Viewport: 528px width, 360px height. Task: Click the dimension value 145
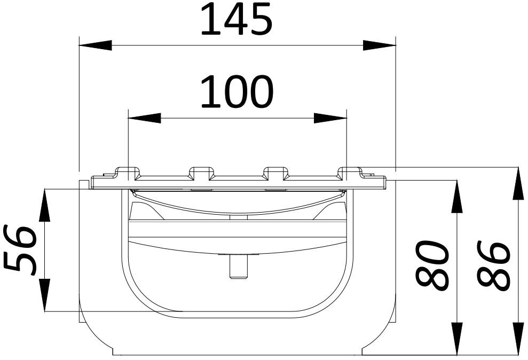click(x=237, y=20)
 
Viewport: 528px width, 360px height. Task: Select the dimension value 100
click(x=237, y=92)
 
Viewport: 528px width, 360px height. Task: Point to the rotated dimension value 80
click(x=432, y=265)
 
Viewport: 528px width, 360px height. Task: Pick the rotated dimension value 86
click(x=494, y=265)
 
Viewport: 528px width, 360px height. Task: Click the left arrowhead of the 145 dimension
click(x=95, y=45)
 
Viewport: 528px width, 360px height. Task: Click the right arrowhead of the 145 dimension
click(x=379, y=45)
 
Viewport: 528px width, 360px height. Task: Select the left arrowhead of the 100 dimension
click(x=145, y=118)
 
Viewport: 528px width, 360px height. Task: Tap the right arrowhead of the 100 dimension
click(x=330, y=118)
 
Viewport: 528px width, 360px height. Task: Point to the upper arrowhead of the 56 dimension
click(x=44, y=205)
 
